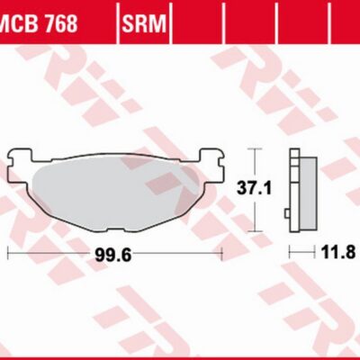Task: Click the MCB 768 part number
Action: (x=39, y=23)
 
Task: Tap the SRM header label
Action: (x=144, y=23)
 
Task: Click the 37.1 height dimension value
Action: (x=255, y=189)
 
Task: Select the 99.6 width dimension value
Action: (x=113, y=256)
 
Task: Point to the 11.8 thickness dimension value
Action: (x=338, y=252)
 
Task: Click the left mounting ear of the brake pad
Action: (x=20, y=166)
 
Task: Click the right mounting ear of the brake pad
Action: (x=211, y=165)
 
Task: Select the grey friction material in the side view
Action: (x=308, y=194)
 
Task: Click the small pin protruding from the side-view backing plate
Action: (x=286, y=213)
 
